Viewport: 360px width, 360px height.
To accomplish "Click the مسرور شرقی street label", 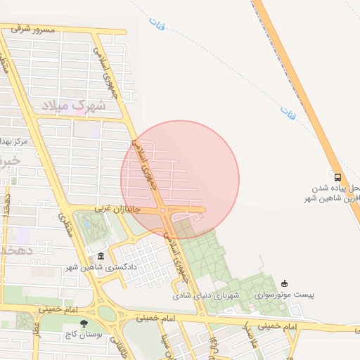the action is click(x=33, y=30).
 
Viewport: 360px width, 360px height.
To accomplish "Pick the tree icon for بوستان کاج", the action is click(x=84, y=324).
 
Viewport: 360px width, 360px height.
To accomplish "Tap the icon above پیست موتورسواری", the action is click(x=285, y=283).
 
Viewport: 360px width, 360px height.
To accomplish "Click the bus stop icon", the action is click(x=337, y=177).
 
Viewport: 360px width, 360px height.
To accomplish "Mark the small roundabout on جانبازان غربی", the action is click(x=163, y=210).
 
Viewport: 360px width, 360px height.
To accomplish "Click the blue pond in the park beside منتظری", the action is click(x=90, y=226).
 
